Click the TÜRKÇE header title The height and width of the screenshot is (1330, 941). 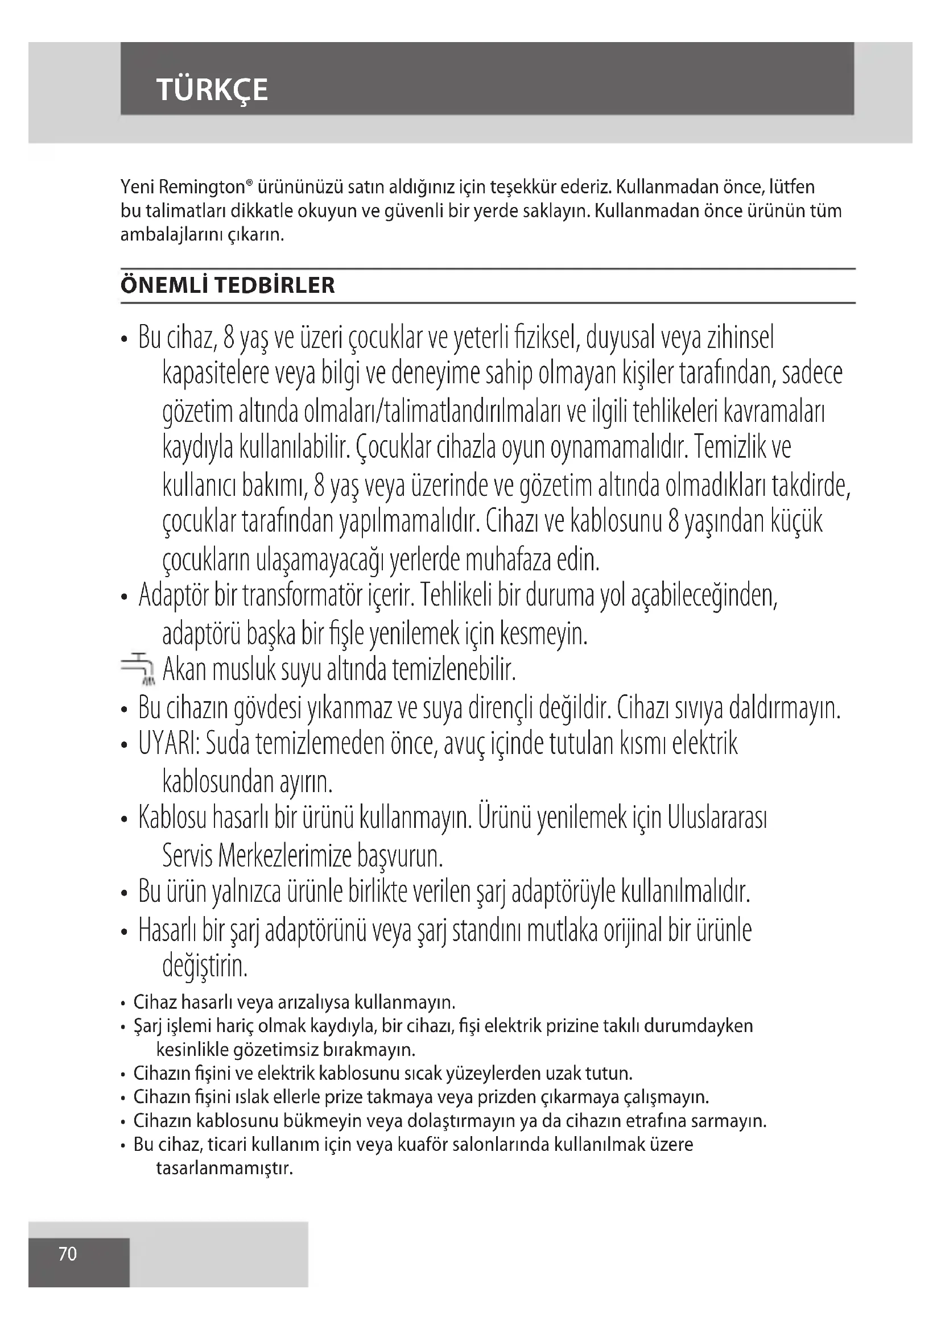[212, 90]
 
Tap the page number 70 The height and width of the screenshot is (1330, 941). [68, 1254]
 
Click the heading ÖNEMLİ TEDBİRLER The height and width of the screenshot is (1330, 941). [228, 285]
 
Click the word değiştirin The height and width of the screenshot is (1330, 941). [205, 966]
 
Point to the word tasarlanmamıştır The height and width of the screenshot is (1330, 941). [224, 1169]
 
